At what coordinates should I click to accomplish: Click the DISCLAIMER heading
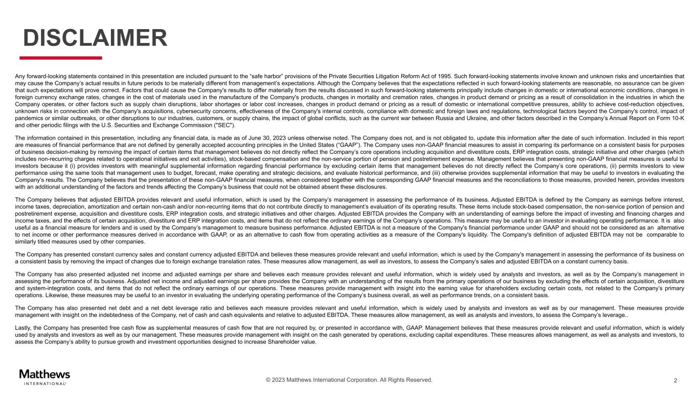pos(95,38)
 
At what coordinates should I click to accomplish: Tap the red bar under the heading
pos(60,58)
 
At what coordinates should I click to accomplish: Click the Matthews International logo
pos(44,376)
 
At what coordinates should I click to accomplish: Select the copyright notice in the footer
pos(349,380)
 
